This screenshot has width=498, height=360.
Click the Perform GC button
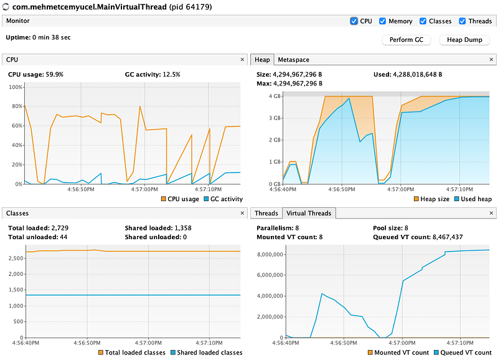[x=406, y=40]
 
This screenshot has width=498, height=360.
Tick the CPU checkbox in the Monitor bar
[x=354, y=21]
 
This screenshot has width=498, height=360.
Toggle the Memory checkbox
[x=383, y=21]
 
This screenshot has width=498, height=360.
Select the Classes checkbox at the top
[x=423, y=21]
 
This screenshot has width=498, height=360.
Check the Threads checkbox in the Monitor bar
[x=463, y=21]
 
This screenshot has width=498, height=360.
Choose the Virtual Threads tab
[x=309, y=213]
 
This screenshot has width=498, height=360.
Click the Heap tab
[x=262, y=60]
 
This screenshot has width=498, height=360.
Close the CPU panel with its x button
[x=242, y=60]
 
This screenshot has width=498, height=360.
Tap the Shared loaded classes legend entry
[x=210, y=353]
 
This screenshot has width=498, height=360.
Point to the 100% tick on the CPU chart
[x=15, y=87]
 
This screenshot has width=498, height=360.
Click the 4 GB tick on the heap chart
[x=275, y=96]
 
